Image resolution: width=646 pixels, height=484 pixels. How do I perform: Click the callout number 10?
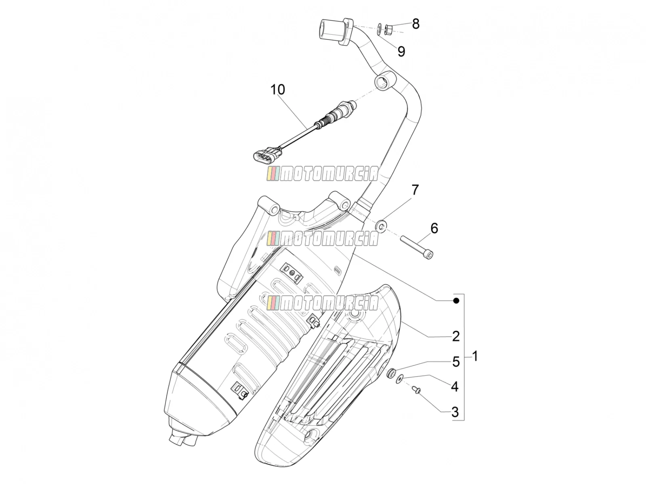277,90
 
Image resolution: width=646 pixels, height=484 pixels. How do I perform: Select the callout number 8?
415,24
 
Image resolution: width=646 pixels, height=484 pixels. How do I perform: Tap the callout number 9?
401,52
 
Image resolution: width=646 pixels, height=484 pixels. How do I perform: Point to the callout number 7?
415,190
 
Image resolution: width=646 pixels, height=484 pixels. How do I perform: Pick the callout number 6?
434,228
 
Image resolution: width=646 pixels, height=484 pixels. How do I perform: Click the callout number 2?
456,336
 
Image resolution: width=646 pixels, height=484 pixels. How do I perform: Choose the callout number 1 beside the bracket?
475,356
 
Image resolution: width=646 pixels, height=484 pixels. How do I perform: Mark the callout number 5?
456,362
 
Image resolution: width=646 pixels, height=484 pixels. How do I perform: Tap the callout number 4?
455,387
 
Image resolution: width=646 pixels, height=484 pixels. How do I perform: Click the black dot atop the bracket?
456,300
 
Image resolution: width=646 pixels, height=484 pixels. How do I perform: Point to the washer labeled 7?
382,226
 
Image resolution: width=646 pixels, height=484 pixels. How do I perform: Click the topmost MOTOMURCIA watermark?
323,173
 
